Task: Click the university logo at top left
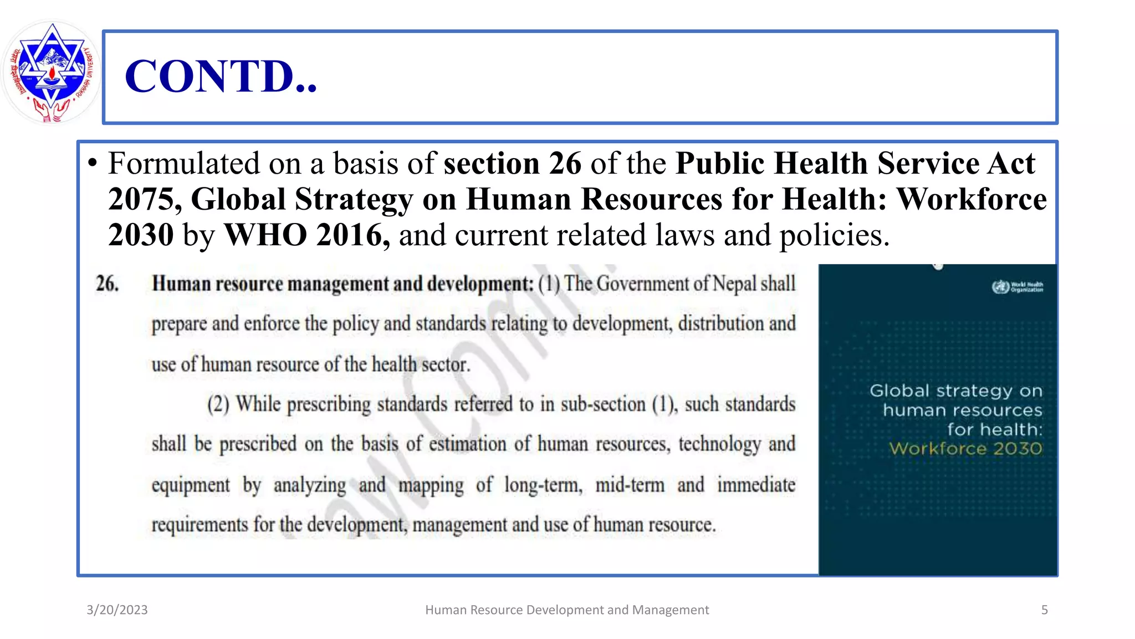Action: tap(51, 72)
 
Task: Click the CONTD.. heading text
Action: tap(221, 77)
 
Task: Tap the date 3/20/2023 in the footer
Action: tap(117, 610)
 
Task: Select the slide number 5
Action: tap(1044, 610)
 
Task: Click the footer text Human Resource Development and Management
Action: tap(567, 610)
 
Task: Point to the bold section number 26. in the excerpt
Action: tap(107, 283)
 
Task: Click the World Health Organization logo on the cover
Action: tap(1018, 287)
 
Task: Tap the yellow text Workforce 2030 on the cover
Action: tap(965, 449)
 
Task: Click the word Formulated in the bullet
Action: tap(183, 164)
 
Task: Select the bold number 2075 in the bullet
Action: tap(141, 199)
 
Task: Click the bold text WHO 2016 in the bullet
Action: tap(306, 235)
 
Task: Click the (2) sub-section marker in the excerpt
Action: tap(218, 404)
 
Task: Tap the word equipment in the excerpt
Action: tap(191, 485)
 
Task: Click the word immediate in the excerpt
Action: tap(756, 485)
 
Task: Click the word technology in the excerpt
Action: tap(719, 444)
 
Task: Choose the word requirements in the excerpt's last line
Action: tap(200, 525)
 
